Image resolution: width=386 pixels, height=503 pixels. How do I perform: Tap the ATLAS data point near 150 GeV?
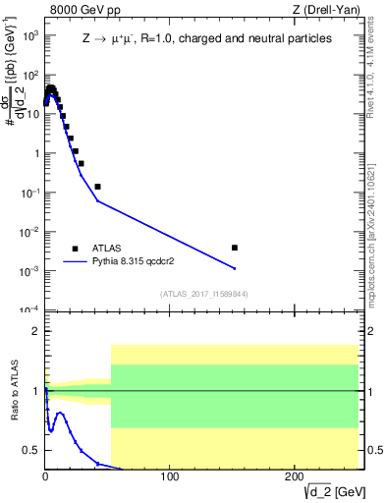(x=234, y=248)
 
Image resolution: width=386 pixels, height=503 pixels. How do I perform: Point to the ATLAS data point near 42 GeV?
(x=97, y=186)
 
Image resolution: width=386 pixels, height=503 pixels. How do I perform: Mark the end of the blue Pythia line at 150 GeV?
(x=234, y=268)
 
